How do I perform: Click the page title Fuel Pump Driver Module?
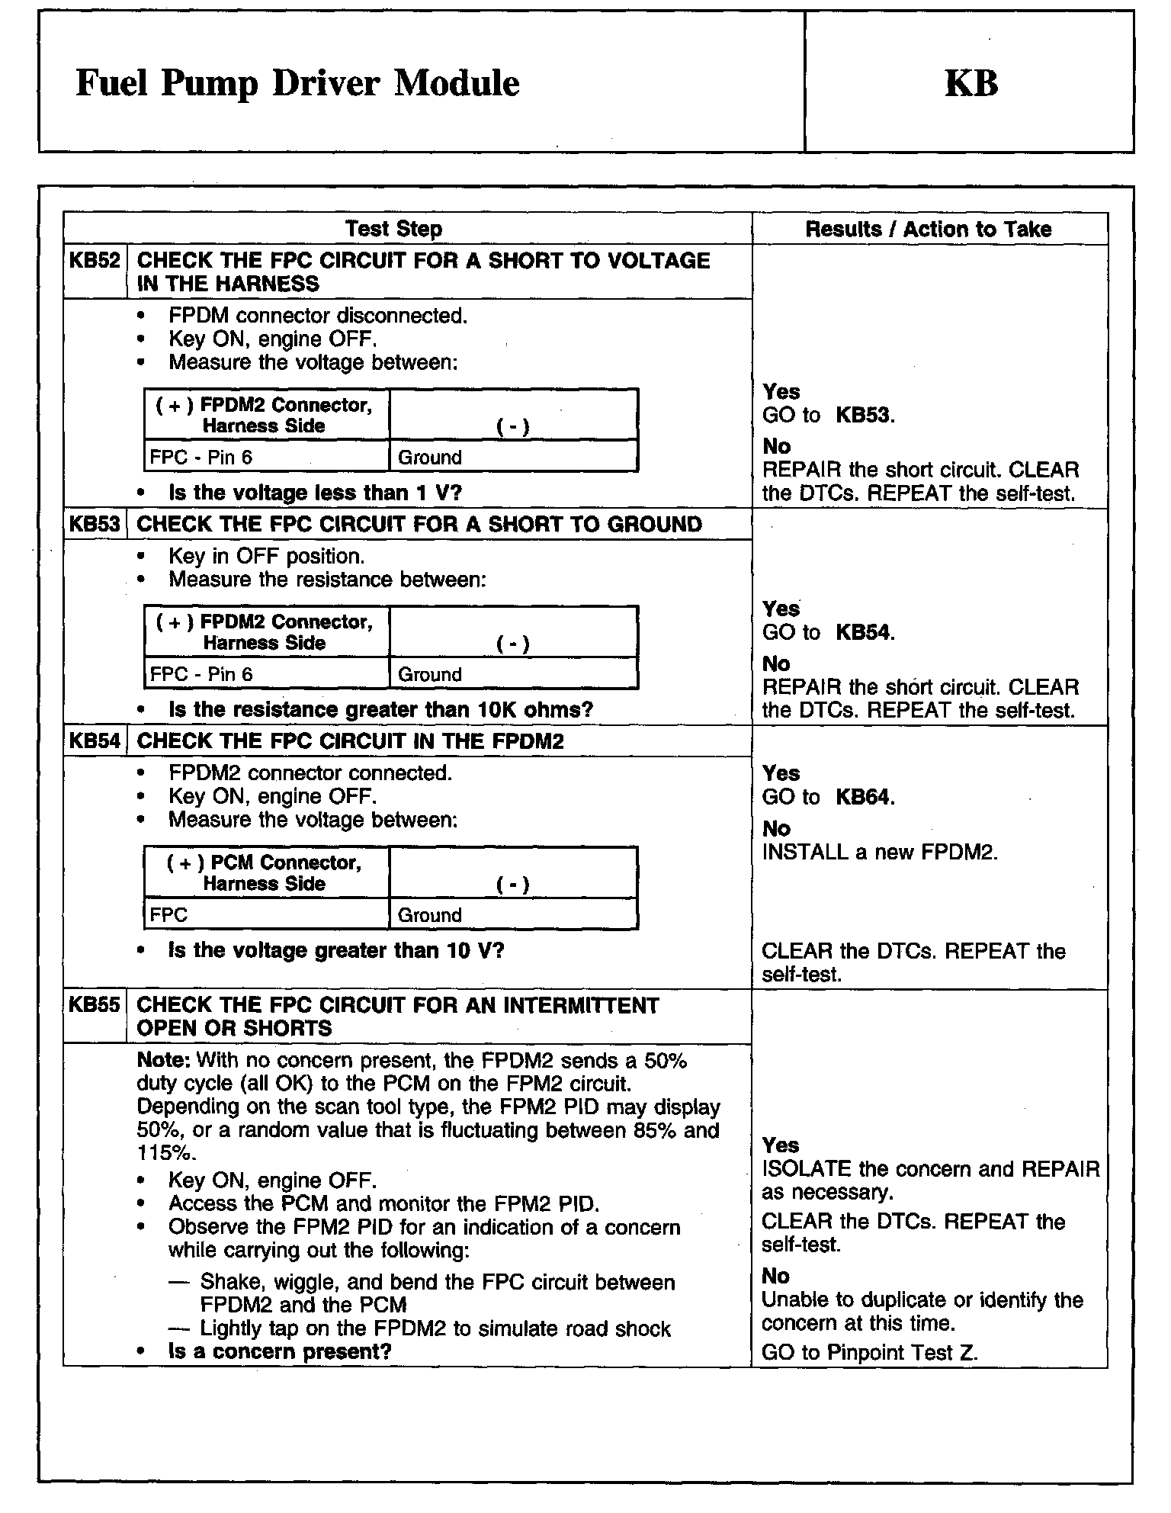(x=297, y=83)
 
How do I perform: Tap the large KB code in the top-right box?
(x=970, y=83)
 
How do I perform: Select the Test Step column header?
(x=393, y=229)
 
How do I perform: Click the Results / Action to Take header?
(x=928, y=229)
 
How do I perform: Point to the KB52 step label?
(x=95, y=261)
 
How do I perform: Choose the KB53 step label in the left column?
(x=95, y=524)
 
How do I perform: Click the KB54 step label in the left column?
(x=95, y=740)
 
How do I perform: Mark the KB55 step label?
(x=95, y=1004)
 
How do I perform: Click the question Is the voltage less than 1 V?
(x=315, y=493)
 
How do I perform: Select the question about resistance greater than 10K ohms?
(x=380, y=710)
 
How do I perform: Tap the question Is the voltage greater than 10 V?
(x=336, y=950)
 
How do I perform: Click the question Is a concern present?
(x=280, y=1351)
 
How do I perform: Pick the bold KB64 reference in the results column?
(x=865, y=797)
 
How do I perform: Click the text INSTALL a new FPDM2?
(x=880, y=852)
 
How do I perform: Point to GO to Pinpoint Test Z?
(x=870, y=1352)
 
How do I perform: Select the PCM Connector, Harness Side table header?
(x=265, y=872)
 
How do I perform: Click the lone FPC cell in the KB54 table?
(x=169, y=915)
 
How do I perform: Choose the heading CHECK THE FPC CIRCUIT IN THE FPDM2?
(x=350, y=740)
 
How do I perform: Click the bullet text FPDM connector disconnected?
(x=318, y=315)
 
